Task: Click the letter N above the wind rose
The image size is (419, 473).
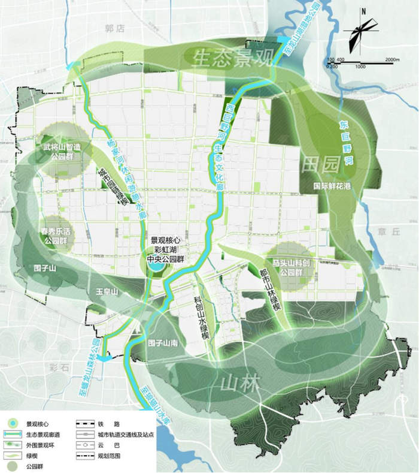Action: click(363, 11)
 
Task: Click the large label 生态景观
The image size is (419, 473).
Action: click(233, 56)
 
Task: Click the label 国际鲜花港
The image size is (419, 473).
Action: click(333, 186)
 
